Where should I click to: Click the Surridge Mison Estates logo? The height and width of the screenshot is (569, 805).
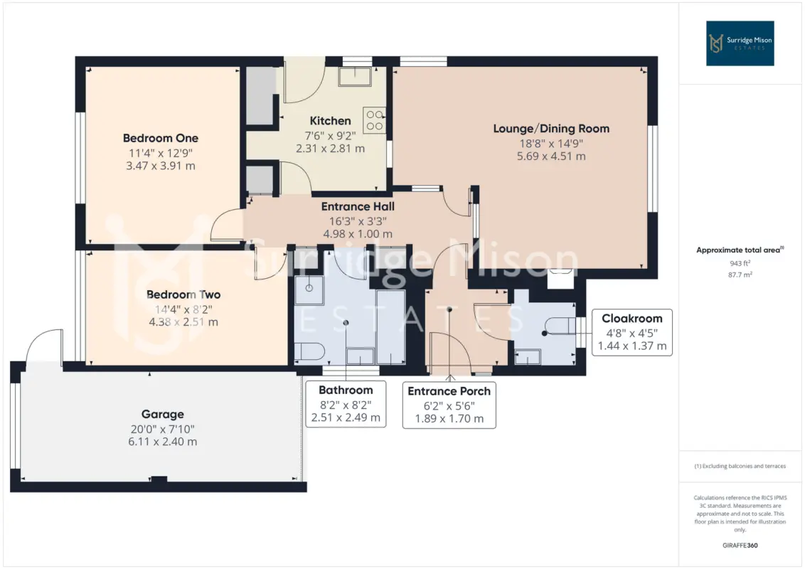pyautogui.click(x=740, y=43)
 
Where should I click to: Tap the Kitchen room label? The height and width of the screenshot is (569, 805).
pyautogui.click(x=330, y=121)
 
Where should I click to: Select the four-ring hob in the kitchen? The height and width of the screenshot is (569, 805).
pyautogui.click(x=374, y=119)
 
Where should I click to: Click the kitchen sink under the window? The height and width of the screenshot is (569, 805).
pyautogui.click(x=355, y=76)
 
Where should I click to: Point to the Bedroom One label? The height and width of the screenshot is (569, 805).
pyautogui.click(x=161, y=138)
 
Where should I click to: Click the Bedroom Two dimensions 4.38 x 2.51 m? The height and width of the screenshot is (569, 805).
pyautogui.click(x=183, y=322)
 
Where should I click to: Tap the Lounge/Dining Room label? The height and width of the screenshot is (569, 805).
pyautogui.click(x=551, y=129)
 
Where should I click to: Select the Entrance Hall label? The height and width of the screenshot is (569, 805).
pyautogui.click(x=358, y=206)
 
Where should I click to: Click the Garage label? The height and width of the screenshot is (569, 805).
pyautogui.click(x=163, y=414)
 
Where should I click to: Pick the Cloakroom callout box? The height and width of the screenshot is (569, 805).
pyautogui.click(x=632, y=332)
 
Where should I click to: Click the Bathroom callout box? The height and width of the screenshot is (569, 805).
pyautogui.click(x=346, y=404)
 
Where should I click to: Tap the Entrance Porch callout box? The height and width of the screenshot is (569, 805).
pyautogui.click(x=449, y=405)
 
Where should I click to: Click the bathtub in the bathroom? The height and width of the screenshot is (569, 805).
pyautogui.click(x=390, y=327)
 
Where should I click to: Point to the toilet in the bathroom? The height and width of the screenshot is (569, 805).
pyautogui.click(x=309, y=351)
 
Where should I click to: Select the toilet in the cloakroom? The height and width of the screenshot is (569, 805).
pyautogui.click(x=560, y=326)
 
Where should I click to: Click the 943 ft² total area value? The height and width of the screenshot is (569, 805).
pyautogui.click(x=740, y=263)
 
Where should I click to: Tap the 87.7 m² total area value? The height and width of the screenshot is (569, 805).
pyautogui.click(x=740, y=275)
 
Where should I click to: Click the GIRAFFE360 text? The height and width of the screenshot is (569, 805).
pyautogui.click(x=740, y=546)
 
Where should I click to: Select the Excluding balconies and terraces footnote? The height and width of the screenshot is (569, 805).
pyautogui.click(x=740, y=467)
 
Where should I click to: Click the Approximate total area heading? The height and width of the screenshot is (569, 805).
pyautogui.click(x=740, y=250)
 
